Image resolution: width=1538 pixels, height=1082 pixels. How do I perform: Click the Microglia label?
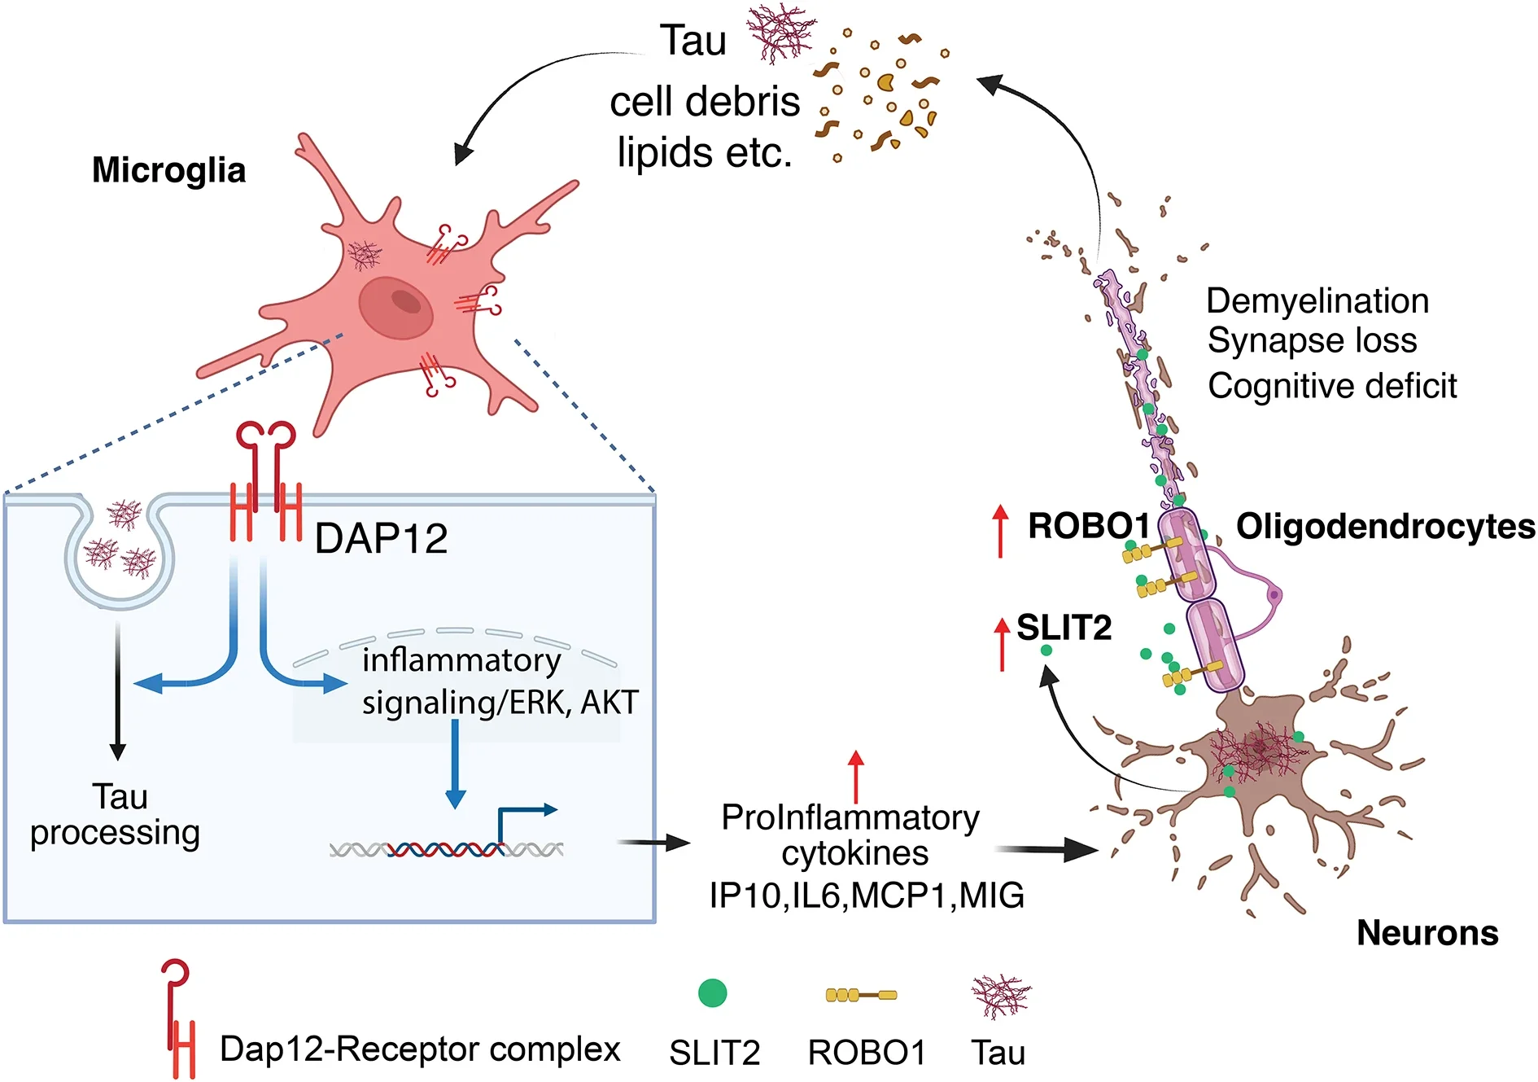(168, 171)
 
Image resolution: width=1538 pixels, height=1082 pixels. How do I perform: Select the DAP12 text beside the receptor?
(381, 538)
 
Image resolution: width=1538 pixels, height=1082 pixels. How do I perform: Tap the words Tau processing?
(116, 814)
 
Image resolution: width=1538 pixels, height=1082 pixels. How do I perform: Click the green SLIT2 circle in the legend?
(712, 993)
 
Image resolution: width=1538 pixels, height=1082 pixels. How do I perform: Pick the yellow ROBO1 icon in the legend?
(861, 995)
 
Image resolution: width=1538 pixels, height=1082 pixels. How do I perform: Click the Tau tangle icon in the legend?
(1000, 996)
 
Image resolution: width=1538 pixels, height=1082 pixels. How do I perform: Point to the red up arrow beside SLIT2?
(1003, 643)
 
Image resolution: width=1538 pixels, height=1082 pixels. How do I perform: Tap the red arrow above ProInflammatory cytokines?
(855, 777)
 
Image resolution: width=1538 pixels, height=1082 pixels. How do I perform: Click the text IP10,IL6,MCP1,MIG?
(866, 896)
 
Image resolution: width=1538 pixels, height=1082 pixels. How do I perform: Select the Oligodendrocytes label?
(1385, 527)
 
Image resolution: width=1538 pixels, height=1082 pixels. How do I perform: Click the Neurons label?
(1427, 933)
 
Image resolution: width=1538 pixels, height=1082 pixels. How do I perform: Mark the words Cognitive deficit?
(1331, 386)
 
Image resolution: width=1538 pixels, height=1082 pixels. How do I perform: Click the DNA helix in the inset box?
(446, 850)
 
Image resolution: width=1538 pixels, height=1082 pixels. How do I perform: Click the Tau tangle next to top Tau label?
(780, 33)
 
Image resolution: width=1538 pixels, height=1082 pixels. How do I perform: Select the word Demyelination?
(1317, 301)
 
